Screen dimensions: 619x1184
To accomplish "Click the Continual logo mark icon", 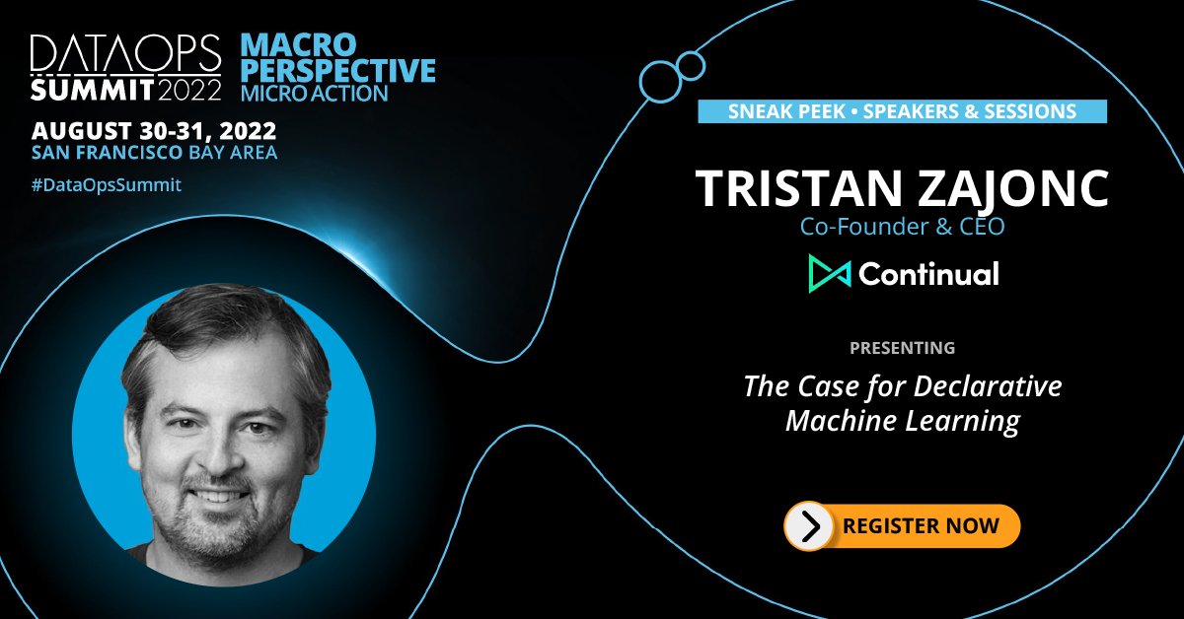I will click(x=829, y=273).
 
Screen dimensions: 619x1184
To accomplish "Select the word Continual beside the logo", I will click(x=928, y=273).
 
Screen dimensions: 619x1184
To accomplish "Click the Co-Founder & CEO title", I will click(x=901, y=228).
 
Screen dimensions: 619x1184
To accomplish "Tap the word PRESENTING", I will click(x=902, y=348).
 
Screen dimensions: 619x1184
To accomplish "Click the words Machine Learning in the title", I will click(x=902, y=422).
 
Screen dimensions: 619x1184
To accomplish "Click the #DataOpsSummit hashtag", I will click(x=107, y=183).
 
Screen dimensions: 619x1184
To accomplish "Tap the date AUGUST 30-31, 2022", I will click(x=154, y=131).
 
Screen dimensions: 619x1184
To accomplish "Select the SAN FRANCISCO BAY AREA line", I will click(x=154, y=153).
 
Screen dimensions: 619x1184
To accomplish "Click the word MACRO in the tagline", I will click(x=298, y=44).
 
